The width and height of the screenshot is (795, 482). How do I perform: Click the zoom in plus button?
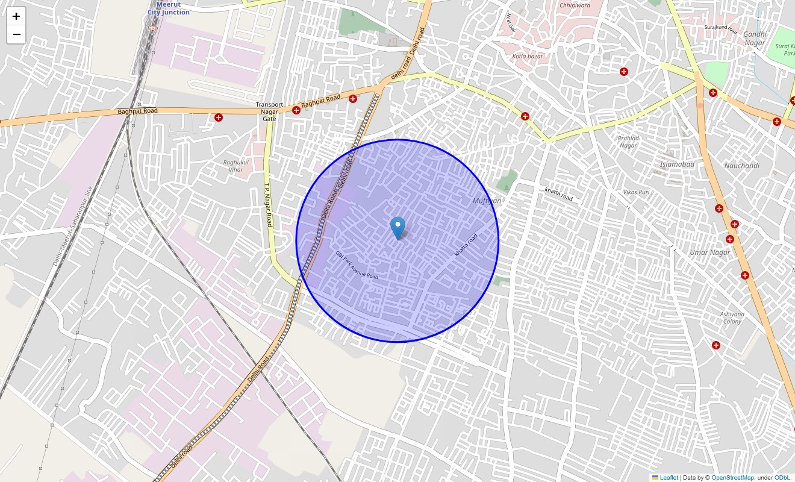click(16, 16)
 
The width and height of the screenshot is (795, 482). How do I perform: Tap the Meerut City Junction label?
click(169, 8)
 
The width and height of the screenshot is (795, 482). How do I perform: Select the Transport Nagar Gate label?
click(269, 111)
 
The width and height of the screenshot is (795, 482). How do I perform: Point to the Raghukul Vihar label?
click(233, 166)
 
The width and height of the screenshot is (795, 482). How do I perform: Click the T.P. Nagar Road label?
click(269, 205)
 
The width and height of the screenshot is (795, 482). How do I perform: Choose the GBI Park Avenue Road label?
click(357, 265)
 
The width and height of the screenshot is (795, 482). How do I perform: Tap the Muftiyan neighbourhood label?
click(487, 201)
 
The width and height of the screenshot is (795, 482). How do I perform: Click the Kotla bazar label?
click(527, 56)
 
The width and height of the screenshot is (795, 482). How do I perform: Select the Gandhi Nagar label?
click(754, 39)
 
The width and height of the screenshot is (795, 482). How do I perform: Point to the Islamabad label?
click(677, 164)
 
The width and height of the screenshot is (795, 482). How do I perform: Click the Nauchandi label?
click(741, 166)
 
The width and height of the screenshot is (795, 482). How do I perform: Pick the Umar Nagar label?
click(710, 252)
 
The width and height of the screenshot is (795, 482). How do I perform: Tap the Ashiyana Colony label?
click(732, 318)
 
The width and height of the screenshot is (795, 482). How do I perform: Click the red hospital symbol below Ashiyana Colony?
click(716, 345)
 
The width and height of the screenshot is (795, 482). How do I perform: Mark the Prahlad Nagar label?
click(628, 142)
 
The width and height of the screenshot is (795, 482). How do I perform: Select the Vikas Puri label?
click(637, 192)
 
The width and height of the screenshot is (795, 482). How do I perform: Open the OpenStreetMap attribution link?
click(732, 478)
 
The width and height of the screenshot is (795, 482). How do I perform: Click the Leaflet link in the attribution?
click(669, 478)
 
